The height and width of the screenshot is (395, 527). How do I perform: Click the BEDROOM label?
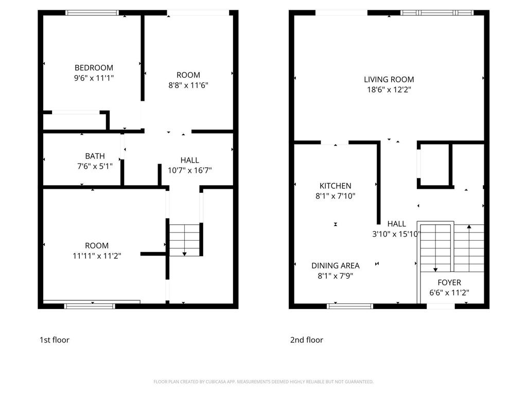(x=94, y=68)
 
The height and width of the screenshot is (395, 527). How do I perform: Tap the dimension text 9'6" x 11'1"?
(x=94, y=78)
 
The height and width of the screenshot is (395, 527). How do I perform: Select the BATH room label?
(x=95, y=156)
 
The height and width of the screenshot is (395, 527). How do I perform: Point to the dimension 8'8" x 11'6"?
(x=188, y=85)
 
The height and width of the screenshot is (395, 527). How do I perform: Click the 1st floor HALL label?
(x=189, y=160)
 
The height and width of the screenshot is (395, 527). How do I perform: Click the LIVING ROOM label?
(x=389, y=79)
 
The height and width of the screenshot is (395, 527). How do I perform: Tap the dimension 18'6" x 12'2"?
(x=389, y=89)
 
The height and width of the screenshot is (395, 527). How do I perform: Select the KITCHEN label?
(x=335, y=186)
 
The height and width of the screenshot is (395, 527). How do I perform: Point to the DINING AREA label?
(x=335, y=265)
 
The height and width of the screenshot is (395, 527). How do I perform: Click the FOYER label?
(x=449, y=282)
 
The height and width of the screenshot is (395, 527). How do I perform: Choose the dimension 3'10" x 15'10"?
(x=396, y=234)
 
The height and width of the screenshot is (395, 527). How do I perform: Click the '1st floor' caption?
(x=54, y=340)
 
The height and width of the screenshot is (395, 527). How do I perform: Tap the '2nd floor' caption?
(x=307, y=340)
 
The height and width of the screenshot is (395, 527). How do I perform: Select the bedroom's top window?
(x=93, y=13)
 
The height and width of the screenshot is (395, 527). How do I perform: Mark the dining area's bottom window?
(x=350, y=306)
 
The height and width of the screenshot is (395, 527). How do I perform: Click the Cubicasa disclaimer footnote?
(x=263, y=382)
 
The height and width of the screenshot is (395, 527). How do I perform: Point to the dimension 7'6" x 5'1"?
(x=95, y=166)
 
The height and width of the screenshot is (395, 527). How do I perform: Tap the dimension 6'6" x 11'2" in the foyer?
(x=449, y=293)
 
